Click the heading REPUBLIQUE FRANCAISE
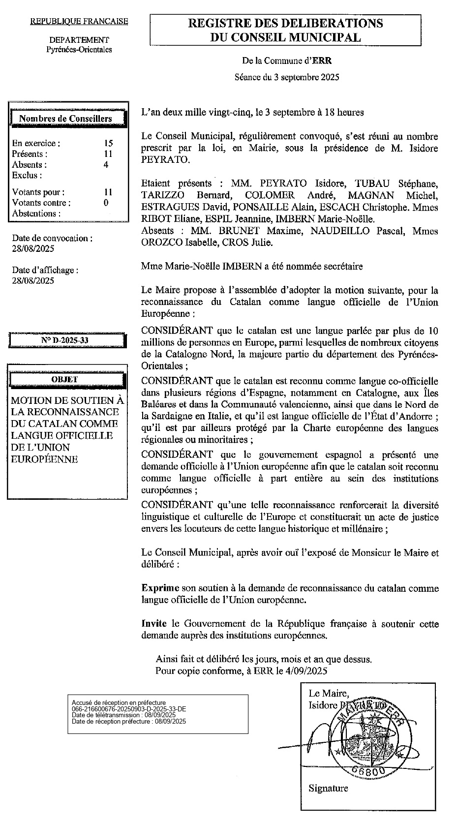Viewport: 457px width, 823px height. [79, 21]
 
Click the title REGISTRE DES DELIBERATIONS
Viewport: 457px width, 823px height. [285, 23]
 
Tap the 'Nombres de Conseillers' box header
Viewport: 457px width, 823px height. [65, 119]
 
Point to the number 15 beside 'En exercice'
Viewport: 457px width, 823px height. [108, 143]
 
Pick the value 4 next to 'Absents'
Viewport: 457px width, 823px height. [106, 165]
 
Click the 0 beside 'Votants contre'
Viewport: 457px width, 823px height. [106, 203]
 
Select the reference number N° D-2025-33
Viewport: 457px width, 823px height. [65, 340]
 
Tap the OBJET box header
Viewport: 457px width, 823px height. [64, 379]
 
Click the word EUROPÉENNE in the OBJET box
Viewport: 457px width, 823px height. [44, 459]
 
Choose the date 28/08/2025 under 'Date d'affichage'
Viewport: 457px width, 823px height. [33, 281]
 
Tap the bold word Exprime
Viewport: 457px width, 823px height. [160, 588]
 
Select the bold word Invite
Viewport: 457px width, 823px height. [153, 623]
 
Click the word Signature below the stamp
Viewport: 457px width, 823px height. [328, 788]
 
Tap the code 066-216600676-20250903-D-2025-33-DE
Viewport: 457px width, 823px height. [129, 709]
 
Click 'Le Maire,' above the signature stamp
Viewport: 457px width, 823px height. [329, 693]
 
